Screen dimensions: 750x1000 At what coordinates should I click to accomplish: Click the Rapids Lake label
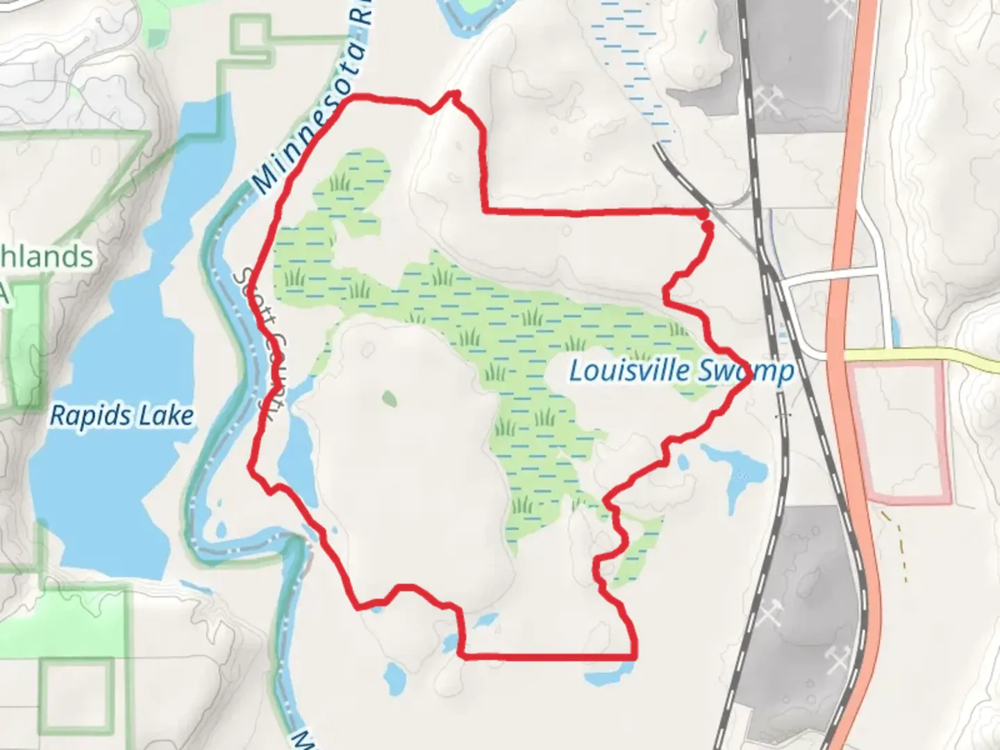pyautogui.click(x=122, y=416)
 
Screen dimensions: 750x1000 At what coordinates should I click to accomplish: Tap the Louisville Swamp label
pyautogui.click(x=681, y=371)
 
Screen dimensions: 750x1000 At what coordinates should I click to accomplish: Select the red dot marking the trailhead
pyautogui.click(x=706, y=226)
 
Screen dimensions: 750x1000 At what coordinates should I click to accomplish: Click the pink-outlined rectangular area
pyautogui.click(x=901, y=431)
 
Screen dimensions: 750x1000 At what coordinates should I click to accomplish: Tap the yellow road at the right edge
pyautogui.click(x=972, y=357)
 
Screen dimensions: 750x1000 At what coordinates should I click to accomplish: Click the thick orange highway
pyautogui.click(x=851, y=208)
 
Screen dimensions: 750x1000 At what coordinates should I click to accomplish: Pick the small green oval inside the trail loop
pyautogui.click(x=389, y=399)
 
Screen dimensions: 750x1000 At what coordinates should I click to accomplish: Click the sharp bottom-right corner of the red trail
pyautogui.click(x=634, y=655)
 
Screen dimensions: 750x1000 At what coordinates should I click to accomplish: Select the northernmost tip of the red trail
pyautogui.click(x=456, y=92)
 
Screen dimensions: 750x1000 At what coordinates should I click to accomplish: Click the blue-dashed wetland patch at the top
pyautogui.click(x=632, y=62)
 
